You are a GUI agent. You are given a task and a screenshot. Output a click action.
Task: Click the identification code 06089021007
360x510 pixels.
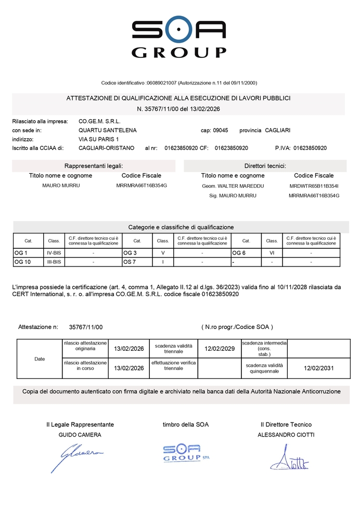click(162, 83)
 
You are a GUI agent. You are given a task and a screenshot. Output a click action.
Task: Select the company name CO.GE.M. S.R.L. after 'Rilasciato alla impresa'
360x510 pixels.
click(99, 121)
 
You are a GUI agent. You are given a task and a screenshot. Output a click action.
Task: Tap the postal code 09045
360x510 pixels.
click(221, 130)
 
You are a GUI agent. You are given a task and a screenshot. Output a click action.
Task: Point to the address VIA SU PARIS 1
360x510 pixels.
click(98, 139)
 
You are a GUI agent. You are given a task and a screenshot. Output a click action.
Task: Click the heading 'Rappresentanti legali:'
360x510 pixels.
click(94, 165)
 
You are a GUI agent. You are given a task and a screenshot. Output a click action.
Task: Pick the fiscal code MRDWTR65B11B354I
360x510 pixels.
click(314, 186)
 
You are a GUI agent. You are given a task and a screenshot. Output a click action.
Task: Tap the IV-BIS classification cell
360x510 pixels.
click(54, 252)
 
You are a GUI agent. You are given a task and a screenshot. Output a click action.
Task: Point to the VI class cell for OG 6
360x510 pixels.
click(272, 252)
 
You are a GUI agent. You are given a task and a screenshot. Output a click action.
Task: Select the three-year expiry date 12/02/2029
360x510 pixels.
click(220, 349)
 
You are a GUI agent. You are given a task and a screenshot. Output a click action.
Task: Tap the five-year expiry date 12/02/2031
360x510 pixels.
click(318, 368)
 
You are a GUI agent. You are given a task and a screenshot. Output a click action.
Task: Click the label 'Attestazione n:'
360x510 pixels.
click(38, 327)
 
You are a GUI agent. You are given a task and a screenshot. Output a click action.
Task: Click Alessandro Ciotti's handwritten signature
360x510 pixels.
click(289, 458)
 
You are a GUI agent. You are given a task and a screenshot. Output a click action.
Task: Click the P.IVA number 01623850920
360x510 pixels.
click(310, 148)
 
